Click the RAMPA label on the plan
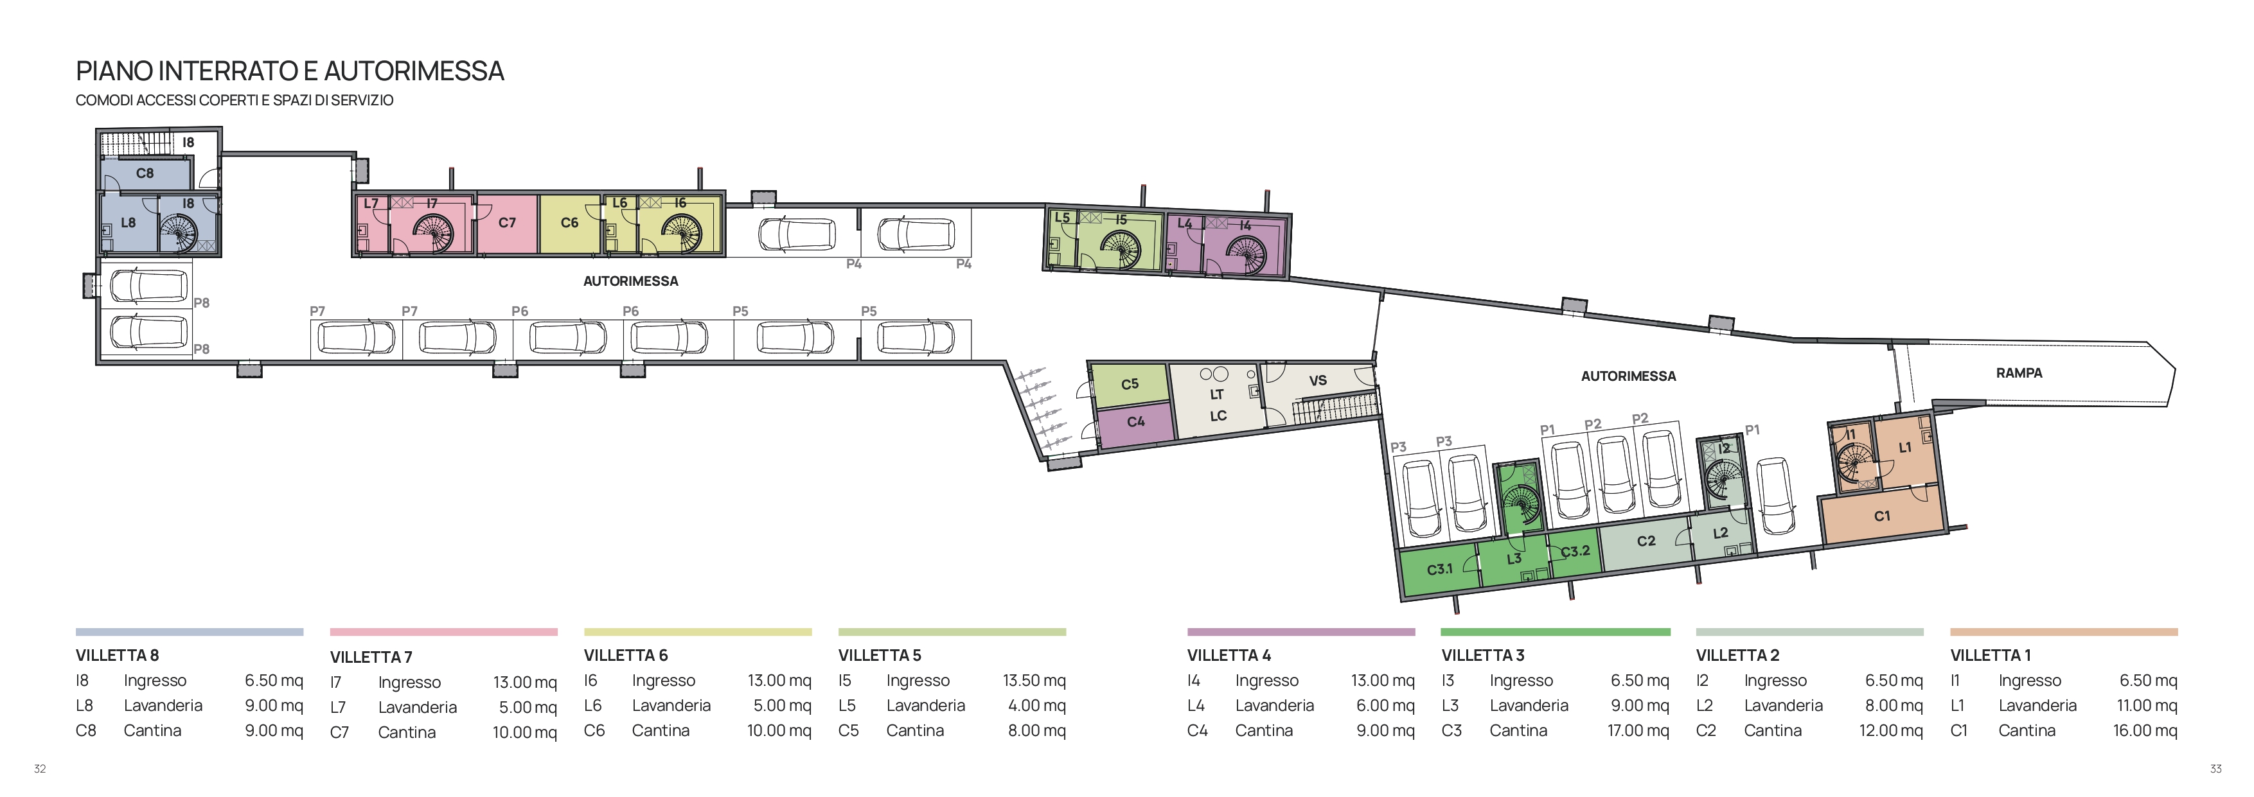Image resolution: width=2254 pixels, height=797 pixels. click(x=2019, y=372)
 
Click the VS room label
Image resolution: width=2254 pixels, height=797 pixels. click(x=1318, y=381)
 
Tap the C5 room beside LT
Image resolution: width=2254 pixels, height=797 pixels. click(x=1130, y=384)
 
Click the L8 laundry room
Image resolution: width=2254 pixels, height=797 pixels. click(x=128, y=223)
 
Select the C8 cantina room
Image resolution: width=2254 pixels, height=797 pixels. click(x=145, y=173)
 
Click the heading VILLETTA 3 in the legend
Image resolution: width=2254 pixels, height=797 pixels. click(x=1482, y=655)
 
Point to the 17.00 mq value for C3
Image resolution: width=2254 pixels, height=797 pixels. click(x=1638, y=730)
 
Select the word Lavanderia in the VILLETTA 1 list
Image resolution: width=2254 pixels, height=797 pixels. click(x=2037, y=706)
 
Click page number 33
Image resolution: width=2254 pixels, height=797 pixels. click(x=2215, y=769)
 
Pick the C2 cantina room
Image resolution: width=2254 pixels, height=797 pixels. click(x=1645, y=543)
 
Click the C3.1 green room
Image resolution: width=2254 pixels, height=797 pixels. click(x=1439, y=570)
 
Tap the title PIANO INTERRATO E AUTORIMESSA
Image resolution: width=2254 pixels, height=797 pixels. click(x=290, y=71)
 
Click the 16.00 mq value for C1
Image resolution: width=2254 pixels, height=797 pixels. click(x=2145, y=730)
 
